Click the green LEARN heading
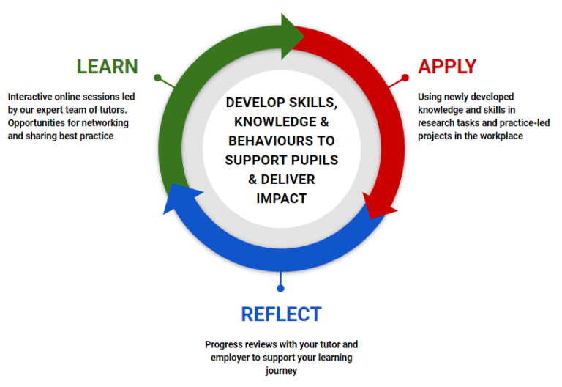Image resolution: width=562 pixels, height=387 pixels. click(x=107, y=66)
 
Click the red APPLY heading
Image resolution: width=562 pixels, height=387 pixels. click(x=446, y=66)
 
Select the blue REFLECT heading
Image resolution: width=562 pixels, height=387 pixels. click(x=281, y=314)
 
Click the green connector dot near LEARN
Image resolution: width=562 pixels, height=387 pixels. click(x=158, y=77)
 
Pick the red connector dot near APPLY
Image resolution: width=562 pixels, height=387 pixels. click(x=405, y=77)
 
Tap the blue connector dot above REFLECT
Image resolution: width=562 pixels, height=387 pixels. click(x=280, y=288)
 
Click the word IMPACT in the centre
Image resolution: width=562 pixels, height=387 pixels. click(x=281, y=198)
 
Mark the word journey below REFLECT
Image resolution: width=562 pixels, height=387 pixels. click(x=281, y=371)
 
